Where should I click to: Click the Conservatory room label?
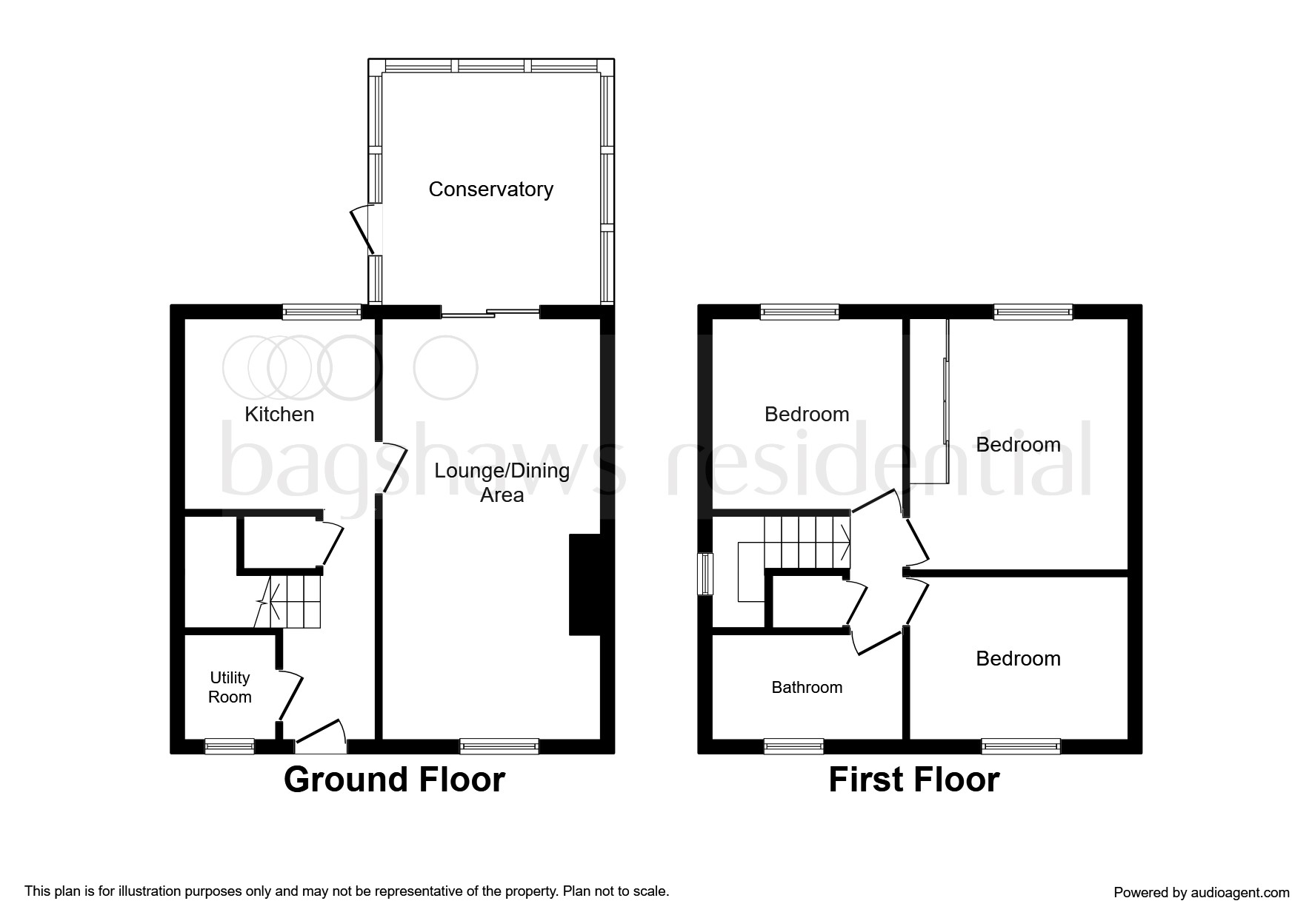tap(490, 190)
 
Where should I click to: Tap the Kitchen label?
tap(279, 414)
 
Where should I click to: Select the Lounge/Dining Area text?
tap(502, 483)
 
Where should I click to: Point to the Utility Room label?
tap(230, 687)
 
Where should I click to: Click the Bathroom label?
tap(807, 687)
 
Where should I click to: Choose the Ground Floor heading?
tap(394, 780)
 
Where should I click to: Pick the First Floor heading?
tap(913, 780)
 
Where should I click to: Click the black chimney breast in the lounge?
tap(585, 584)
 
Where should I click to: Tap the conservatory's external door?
tap(364, 230)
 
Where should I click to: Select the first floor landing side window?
tap(707, 574)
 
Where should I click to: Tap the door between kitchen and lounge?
tap(393, 468)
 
